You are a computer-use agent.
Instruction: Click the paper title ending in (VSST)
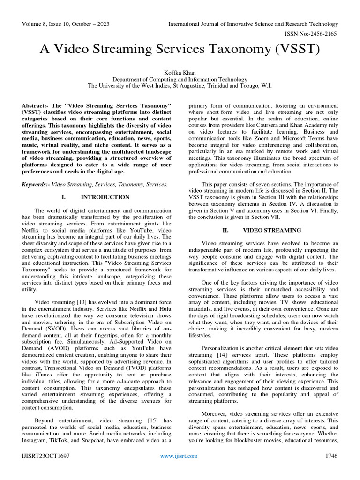(180, 49)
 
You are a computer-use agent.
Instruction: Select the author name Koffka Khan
(180, 73)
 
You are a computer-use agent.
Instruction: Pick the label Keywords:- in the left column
(36, 185)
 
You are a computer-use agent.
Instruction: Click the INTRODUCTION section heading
(105, 197)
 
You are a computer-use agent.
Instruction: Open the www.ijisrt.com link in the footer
(179, 456)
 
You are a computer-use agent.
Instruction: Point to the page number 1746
(330, 456)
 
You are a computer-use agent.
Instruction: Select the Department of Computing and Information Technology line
(180, 79)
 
